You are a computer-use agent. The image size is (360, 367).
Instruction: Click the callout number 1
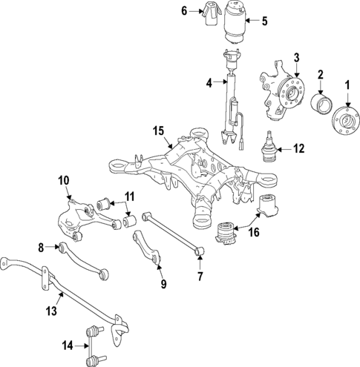click(x=347, y=85)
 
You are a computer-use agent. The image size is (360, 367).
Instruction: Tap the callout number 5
click(x=265, y=22)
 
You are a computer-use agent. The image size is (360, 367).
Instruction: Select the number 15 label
click(x=158, y=131)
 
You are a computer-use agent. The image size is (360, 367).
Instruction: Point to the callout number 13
click(x=52, y=311)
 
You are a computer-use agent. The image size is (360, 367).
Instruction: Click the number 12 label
click(x=299, y=149)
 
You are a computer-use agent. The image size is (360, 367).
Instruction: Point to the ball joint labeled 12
click(x=269, y=148)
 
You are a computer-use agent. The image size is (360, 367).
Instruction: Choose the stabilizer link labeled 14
click(x=95, y=346)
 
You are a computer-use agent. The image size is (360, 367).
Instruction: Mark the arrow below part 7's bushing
click(x=200, y=263)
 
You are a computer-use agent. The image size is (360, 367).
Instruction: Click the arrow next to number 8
click(x=53, y=246)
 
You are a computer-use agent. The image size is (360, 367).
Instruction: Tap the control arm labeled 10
click(x=88, y=219)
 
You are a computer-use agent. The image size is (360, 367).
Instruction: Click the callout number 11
click(x=129, y=197)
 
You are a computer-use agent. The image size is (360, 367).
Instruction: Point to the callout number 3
click(x=297, y=58)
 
